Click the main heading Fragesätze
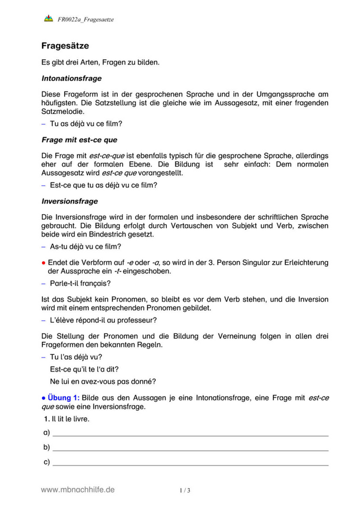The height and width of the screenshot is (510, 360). (x=65, y=45)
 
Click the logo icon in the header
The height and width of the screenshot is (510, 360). (x=48, y=19)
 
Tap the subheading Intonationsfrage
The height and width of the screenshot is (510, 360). (x=71, y=79)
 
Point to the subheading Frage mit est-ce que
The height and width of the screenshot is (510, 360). (x=79, y=139)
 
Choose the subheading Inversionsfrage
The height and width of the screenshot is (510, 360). (x=70, y=200)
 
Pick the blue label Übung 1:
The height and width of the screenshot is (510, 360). (x=63, y=397)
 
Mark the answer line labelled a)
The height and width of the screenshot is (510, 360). (x=190, y=433)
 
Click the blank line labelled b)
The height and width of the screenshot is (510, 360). (x=190, y=448)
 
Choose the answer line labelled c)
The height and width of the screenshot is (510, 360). (x=190, y=462)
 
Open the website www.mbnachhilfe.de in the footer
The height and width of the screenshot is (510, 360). (x=78, y=489)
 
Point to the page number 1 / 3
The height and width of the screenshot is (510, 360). (x=185, y=490)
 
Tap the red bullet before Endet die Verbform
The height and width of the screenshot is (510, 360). (x=44, y=262)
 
